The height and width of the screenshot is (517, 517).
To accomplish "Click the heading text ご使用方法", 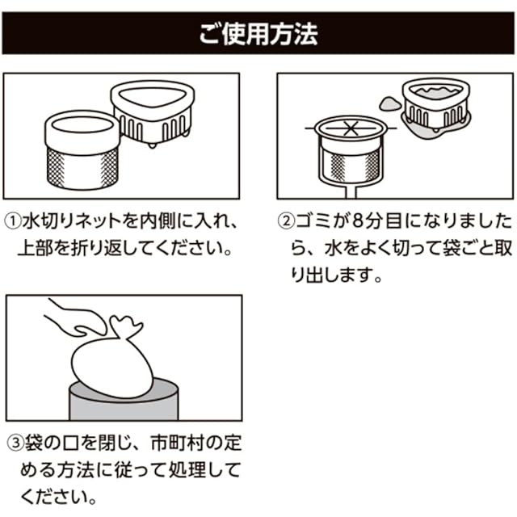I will tap(258, 35).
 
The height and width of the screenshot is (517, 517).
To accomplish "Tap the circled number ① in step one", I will tap(15, 221).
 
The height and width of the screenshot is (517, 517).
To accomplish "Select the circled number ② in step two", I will tap(288, 221).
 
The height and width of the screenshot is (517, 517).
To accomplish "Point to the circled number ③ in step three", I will tap(15, 443).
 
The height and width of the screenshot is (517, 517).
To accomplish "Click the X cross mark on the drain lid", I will tap(349, 128).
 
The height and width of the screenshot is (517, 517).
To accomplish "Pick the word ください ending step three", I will tap(54, 494).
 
